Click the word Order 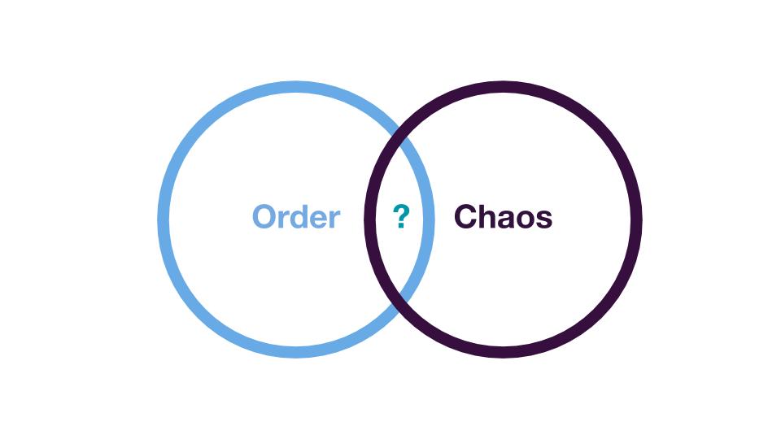pyautogui.click(x=296, y=217)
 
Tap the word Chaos pyautogui.click(x=503, y=217)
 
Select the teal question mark pyautogui.click(x=401, y=216)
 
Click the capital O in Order pyautogui.click(x=264, y=217)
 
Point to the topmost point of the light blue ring pyautogui.click(x=296, y=87)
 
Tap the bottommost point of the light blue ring pyautogui.click(x=296, y=352)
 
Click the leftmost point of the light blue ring pyautogui.click(x=164, y=219)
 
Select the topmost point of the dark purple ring pyautogui.click(x=503, y=87)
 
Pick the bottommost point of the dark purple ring pyautogui.click(x=503, y=352)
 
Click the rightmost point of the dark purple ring pyautogui.click(x=636, y=219)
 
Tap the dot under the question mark pyautogui.click(x=400, y=226)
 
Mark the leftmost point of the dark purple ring pyautogui.click(x=370, y=219)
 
